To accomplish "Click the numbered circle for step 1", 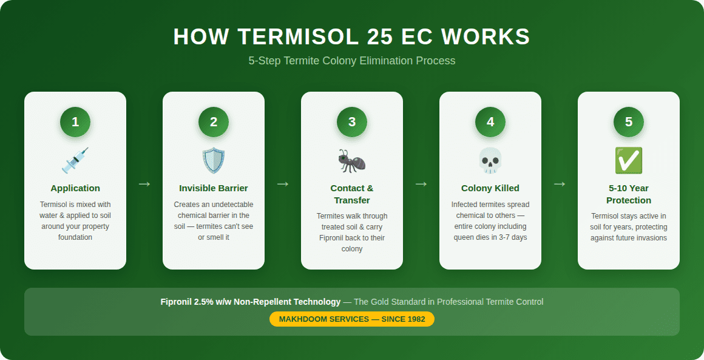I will [75, 122].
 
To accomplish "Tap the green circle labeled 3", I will [352, 122].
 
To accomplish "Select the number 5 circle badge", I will [629, 122].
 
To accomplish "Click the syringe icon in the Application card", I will [75, 160].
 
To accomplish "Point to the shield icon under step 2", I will [214, 160].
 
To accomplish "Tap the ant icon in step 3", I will [352, 160].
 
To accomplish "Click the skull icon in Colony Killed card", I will [490, 160].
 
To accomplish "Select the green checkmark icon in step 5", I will [629, 160].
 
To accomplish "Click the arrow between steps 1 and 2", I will [144, 183].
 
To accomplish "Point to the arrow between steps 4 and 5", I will [560, 183].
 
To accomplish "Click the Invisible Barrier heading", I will [214, 188].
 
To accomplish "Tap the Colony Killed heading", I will [490, 188].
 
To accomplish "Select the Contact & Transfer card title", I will [352, 194].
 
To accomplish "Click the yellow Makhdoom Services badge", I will [352, 319].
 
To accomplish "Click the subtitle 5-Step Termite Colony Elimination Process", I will [352, 61].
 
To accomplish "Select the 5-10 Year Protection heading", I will [629, 194].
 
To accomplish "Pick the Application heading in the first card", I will [75, 188].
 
